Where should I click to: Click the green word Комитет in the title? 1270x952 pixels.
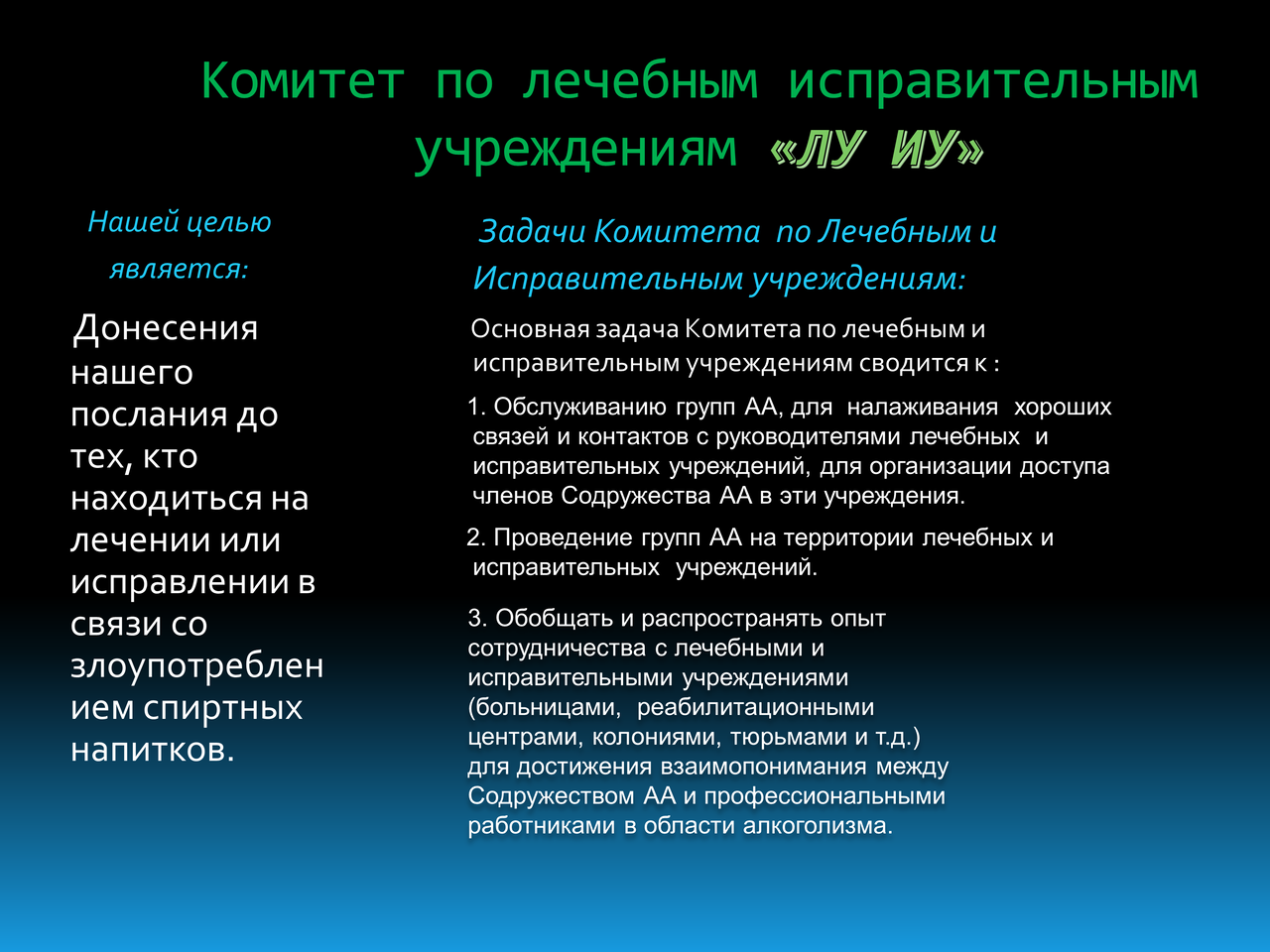pyautogui.click(x=303, y=81)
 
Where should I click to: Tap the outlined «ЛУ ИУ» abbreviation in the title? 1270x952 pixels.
pyautogui.click(x=877, y=149)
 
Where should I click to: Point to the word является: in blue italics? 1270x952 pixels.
pyautogui.click(x=179, y=270)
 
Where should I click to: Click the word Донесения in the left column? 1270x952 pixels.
pyautogui.click(x=165, y=329)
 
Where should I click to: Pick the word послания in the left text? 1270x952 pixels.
pyautogui.click(x=149, y=416)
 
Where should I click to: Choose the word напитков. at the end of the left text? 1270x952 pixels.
pyautogui.click(x=153, y=750)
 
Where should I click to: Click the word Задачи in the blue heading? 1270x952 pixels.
pyautogui.click(x=532, y=232)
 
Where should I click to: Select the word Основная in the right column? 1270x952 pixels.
pyautogui.click(x=531, y=329)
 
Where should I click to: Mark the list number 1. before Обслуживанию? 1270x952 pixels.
pyautogui.click(x=477, y=407)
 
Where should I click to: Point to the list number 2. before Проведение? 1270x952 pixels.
pyautogui.click(x=477, y=537)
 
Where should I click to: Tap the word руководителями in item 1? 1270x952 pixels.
pyautogui.click(x=808, y=437)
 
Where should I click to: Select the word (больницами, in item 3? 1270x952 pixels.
pyautogui.click(x=545, y=707)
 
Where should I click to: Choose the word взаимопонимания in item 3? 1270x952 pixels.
pyautogui.click(x=764, y=767)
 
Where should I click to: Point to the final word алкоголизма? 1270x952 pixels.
pyautogui.click(x=819, y=826)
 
